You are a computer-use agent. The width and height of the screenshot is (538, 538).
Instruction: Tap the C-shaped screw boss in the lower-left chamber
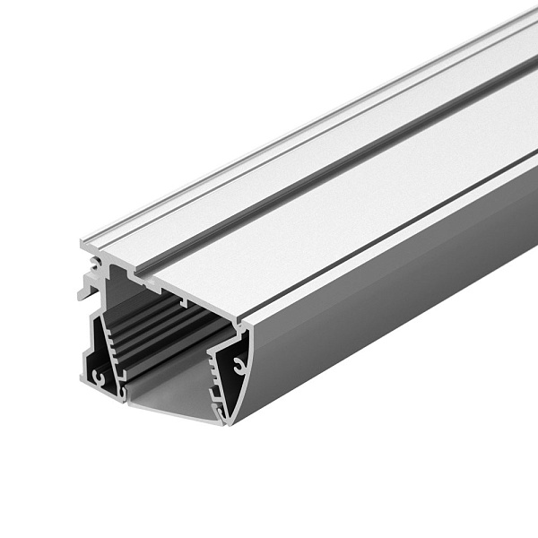point(98,377)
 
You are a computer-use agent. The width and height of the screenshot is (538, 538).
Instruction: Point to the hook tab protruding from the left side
point(83,289)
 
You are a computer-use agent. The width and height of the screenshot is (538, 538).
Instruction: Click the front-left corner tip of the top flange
point(82,243)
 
